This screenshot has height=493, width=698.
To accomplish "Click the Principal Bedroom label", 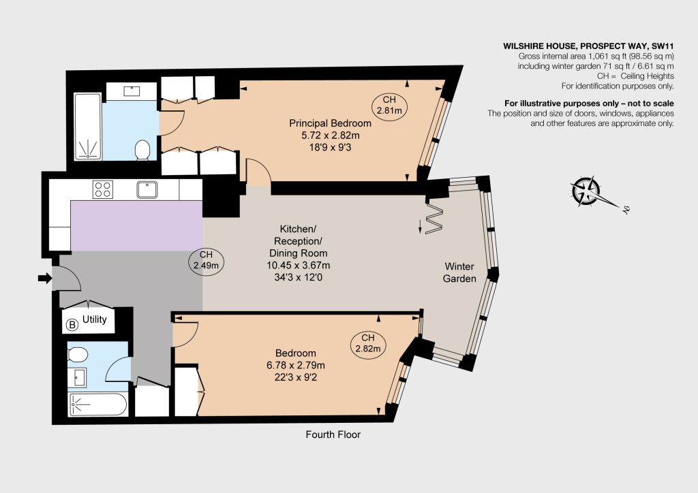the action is click(x=331, y=123).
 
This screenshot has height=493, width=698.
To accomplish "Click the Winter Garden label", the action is click(x=459, y=272).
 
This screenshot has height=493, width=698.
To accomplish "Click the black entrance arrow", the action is click(x=44, y=279).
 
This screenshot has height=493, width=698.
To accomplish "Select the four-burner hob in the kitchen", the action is click(x=103, y=189).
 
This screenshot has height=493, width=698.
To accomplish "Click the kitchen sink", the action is click(x=147, y=189).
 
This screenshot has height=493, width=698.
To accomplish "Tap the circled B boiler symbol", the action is click(x=72, y=325).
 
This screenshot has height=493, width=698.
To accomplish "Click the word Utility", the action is click(x=94, y=319).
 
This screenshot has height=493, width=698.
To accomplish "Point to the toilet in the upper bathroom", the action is click(x=142, y=150).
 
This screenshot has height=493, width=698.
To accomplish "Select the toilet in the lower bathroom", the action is click(x=78, y=355).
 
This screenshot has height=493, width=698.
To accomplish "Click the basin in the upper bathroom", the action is click(x=132, y=91).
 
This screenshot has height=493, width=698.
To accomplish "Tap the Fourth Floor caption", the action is click(x=333, y=434).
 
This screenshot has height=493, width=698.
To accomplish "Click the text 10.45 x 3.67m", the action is click(x=299, y=266).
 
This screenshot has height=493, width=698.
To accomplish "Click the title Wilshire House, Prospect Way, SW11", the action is click(x=588, y=46).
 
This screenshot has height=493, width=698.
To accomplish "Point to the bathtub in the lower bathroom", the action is click(x=98, y=404).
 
